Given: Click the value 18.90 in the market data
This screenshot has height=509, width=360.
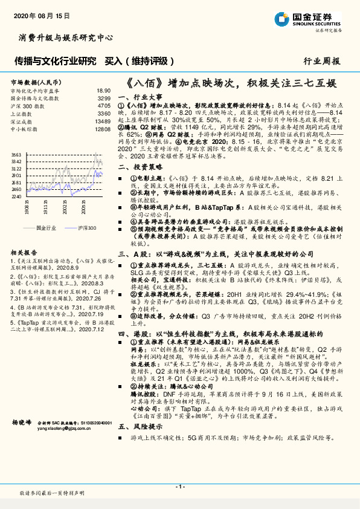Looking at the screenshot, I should (104, 90).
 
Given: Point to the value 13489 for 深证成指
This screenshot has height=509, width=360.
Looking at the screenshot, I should (103, 122).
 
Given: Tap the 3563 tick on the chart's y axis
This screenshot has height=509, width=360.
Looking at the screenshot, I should (16, 155).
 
